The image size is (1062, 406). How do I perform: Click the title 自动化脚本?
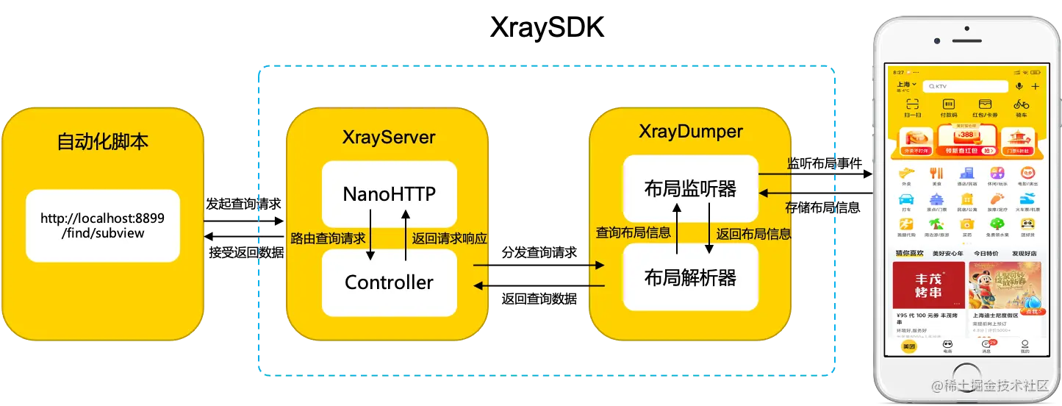[x=102, y=142]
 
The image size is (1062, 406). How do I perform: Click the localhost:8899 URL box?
[x=102, y=225]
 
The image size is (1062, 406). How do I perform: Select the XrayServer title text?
[x=389, y=138]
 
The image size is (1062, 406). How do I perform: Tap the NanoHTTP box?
[x=389, y=194]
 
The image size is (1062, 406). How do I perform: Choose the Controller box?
[x=389, y=282]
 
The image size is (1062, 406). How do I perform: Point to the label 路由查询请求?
[x=328, y=238]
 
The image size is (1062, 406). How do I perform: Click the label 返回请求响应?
[x=450, y=238]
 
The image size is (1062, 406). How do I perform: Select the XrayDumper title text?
[x=691, y=132]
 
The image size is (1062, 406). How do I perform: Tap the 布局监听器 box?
[x=690, y=189]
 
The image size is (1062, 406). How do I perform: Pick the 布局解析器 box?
[x=690, y=277]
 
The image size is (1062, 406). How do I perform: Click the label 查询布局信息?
[x=633, y=232]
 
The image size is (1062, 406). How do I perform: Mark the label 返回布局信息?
[x=753, y=234]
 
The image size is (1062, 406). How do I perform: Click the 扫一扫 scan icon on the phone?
[x=912, y=107]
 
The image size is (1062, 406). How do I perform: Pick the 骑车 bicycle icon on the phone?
[x=1021, y=107]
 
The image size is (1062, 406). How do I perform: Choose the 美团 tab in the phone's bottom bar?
[x=909, y=347]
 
